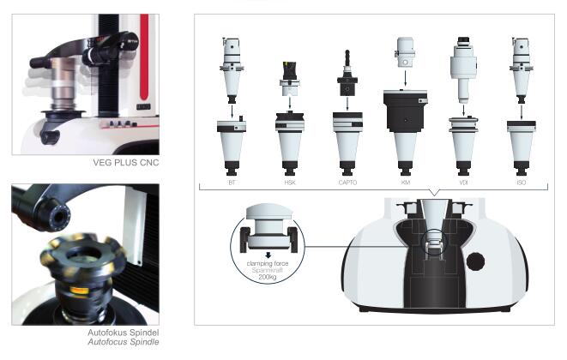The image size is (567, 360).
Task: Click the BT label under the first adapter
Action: (x=232, y=183)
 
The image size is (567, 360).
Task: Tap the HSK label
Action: (x=290, y=183)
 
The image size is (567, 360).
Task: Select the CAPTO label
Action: (x=347, y=183)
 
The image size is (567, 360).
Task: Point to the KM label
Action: (x=406, y=183)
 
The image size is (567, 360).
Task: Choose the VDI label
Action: (x=463, y=183)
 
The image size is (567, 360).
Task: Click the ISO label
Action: (x=521, y=183)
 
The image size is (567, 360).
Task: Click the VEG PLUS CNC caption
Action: (x=126, y=163)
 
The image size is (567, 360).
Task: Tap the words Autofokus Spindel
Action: (x=124, y=333)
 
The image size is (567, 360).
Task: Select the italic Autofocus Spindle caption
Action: (x=124, y=342)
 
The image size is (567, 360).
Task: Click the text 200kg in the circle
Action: (x=268, y=277)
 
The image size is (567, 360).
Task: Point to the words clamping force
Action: (x=268, y=263)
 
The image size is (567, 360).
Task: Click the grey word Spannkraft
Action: (x=268, y=270)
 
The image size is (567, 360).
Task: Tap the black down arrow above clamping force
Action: (x=268, y=255)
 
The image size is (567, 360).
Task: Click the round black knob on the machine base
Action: (x=475, y=261)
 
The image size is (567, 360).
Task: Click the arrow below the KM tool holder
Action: (x=406, y=79)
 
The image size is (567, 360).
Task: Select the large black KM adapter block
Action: (x=406, y=111)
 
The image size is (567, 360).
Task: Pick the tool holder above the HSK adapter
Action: (x=289, y=79)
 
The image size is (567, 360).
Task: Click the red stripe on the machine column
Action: (x=144, y=57)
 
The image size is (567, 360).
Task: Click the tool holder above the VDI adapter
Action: (x=463, y=70)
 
